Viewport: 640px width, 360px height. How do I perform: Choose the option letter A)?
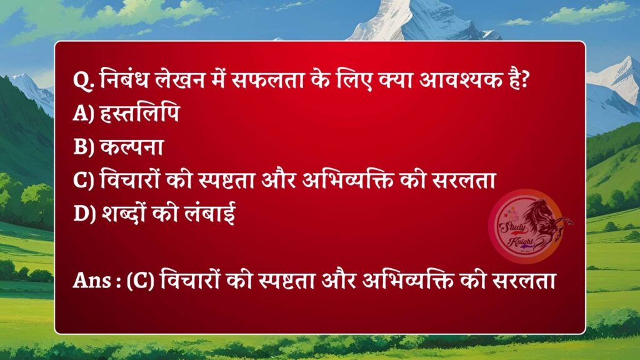82,114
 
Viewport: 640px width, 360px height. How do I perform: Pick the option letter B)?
82,147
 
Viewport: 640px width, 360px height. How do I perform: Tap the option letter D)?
83,213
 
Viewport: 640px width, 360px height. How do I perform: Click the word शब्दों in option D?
125,213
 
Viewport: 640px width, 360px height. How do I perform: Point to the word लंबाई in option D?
202,213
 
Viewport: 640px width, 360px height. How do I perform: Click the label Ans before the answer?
91,282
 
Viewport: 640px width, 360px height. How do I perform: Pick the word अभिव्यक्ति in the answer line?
406,282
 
